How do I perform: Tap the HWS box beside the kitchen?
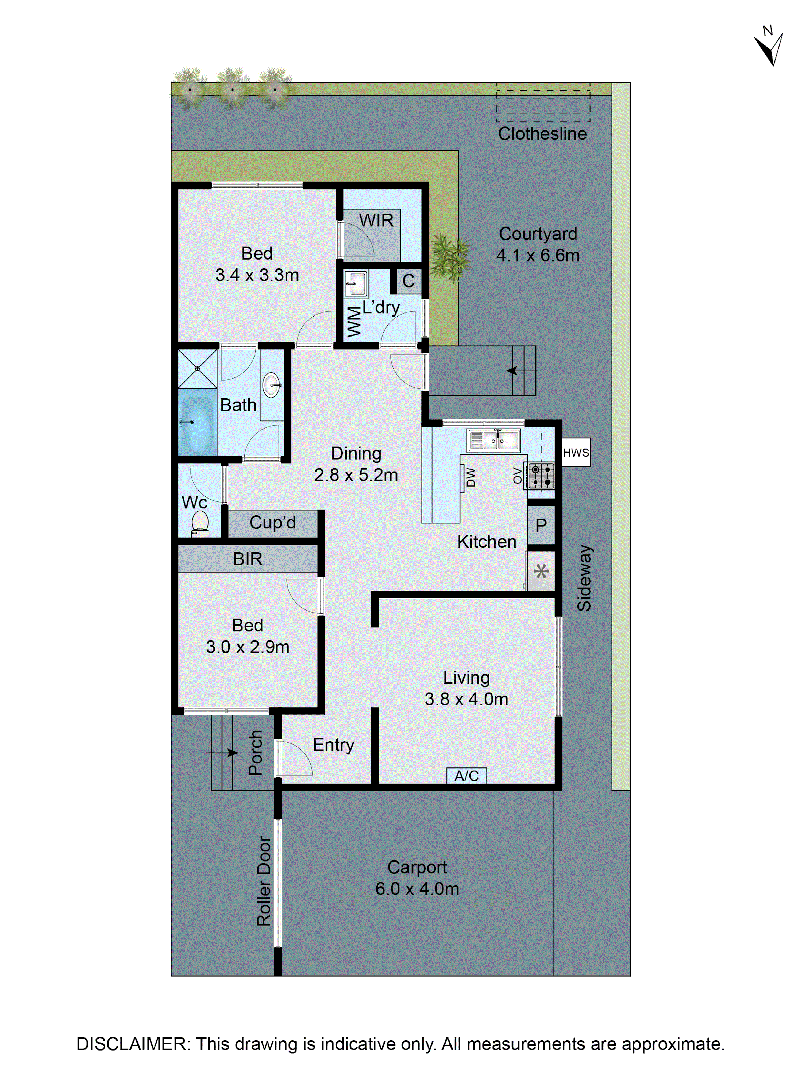576,452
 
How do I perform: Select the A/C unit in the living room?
466,776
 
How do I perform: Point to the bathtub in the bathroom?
197,423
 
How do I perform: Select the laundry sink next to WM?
356,284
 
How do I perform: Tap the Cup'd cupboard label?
272,522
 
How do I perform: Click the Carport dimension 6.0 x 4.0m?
417,889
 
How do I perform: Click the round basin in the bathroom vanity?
271,385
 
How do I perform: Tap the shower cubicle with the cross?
197,368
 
